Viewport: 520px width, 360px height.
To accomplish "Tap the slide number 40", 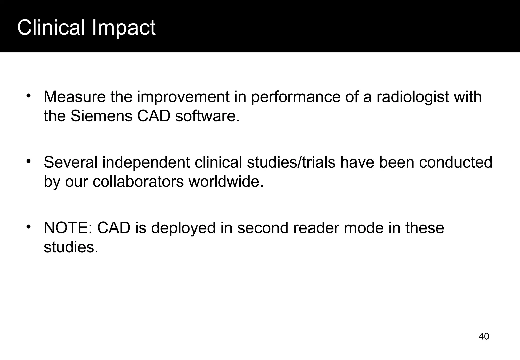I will pos(484,336).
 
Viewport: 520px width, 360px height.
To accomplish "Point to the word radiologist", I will pos(413,97).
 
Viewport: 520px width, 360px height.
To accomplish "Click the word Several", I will pos(70,162).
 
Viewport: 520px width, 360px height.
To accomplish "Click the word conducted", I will pos(456,162).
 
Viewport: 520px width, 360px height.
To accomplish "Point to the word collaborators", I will pos(138,182).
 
